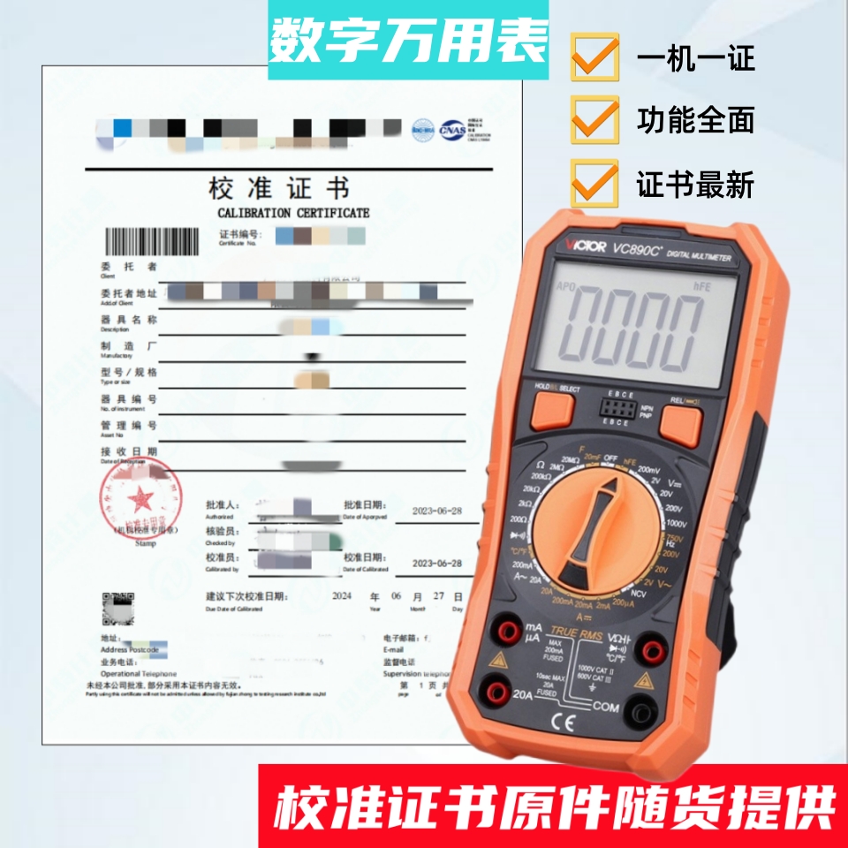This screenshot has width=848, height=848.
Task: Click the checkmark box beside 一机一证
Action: click(594, 57)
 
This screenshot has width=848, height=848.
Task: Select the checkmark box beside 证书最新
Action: click(594, 182)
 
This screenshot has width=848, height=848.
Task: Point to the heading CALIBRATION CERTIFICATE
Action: click(293, 213)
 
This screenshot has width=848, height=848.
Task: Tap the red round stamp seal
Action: click(141, 501)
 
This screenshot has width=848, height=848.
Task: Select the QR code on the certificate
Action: click(117, 609)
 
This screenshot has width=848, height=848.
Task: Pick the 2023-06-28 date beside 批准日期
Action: click(436, 511)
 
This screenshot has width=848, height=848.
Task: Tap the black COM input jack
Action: click(650, 708)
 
